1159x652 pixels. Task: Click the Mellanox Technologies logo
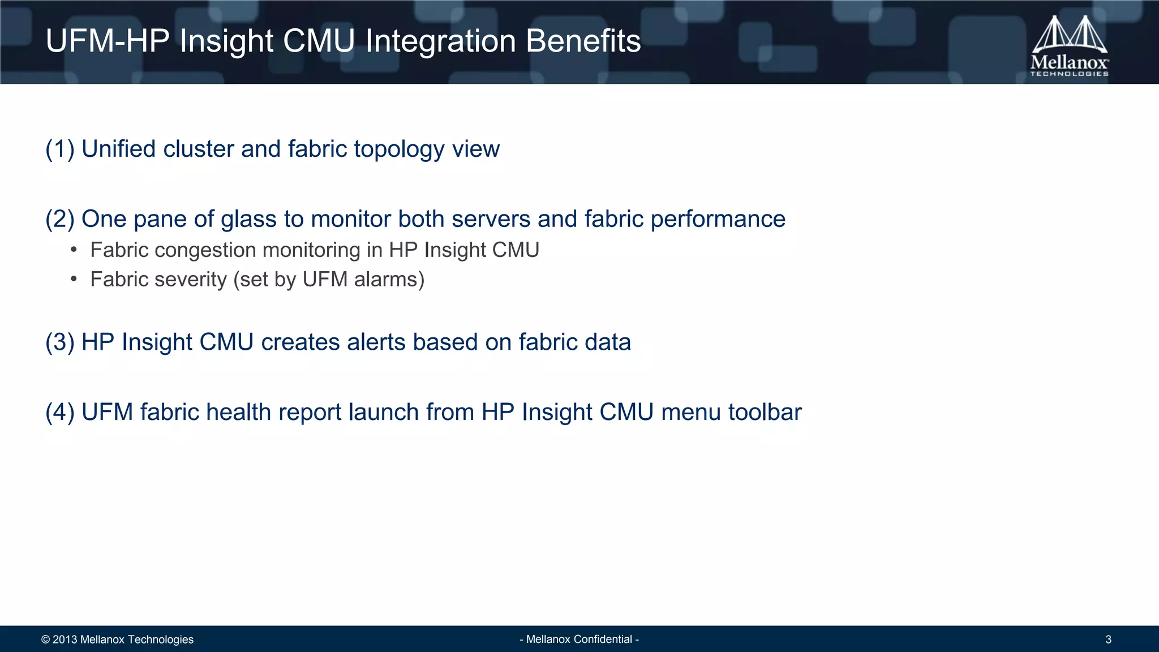coord(1069,46)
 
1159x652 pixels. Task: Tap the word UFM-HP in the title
coord(108,41)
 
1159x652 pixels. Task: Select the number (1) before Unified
coord(60,149)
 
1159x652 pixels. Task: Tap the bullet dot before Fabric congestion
coord(74,250)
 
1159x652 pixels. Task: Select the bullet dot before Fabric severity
coord(74,280)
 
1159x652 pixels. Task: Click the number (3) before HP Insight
coord(60,342)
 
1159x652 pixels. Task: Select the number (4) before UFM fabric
coord(60,412)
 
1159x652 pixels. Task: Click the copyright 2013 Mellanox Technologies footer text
coord(117,640)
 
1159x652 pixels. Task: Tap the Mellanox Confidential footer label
coord(579,640)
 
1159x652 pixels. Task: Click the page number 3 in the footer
coord(1108,640)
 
